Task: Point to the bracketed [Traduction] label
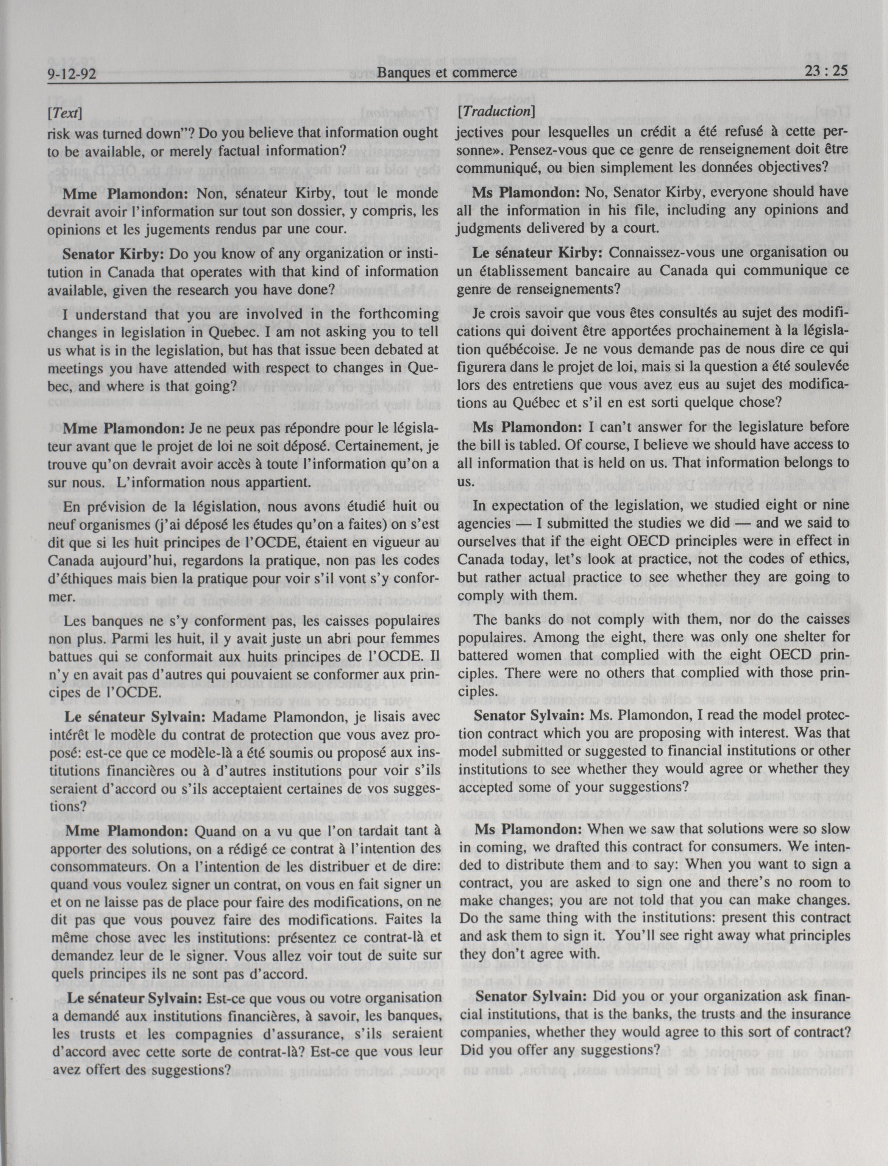pos(497,112)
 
